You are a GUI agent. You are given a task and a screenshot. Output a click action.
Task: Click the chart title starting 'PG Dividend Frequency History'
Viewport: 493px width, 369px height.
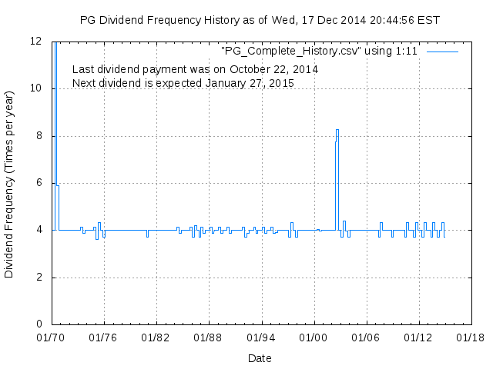[260, 20]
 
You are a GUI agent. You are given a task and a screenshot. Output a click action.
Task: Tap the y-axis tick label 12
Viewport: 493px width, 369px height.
[36, 41]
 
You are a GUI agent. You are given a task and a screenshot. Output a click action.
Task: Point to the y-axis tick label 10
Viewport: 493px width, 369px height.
[36, 88]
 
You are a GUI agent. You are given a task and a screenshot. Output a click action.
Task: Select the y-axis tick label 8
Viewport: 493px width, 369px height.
[39, 136]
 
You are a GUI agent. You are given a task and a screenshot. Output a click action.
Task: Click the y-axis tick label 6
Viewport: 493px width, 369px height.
[39, 183]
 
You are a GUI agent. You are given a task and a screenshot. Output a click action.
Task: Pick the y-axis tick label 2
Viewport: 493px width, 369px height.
[39, 278]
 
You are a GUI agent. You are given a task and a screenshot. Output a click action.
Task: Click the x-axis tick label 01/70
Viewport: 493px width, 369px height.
[52, 337]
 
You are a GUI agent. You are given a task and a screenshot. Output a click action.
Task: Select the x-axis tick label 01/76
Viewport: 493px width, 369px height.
[104, 337]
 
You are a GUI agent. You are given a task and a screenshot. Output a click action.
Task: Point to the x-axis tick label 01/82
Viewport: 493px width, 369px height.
[156, 337]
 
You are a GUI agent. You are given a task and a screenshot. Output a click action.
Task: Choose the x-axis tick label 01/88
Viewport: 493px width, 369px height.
[209, 337]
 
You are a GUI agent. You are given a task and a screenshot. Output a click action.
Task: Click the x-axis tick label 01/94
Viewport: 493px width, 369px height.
[261, 337]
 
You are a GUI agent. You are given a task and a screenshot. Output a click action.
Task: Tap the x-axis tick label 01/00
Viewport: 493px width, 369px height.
[314, 337]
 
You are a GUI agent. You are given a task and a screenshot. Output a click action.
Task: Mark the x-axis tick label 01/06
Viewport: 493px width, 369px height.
[366, 337]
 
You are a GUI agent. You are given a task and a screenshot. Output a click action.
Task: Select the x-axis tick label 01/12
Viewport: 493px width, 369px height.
[418, 337]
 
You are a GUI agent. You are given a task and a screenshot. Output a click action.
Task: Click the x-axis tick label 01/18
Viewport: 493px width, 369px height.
[471, 337]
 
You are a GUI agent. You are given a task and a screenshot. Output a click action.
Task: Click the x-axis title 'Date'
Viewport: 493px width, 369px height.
[260, 358]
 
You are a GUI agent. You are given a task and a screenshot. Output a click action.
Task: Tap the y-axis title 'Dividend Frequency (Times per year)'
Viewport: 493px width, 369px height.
[10, 183]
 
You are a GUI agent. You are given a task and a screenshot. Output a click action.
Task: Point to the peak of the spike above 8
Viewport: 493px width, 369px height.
[337, 130]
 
